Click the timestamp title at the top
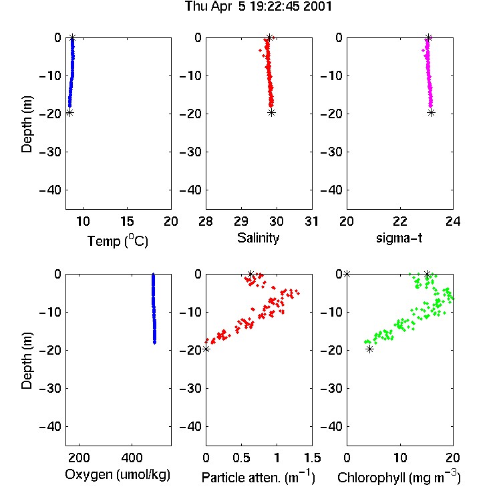click(259, 7)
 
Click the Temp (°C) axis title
click(118, 240)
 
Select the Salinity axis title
click(258, 238)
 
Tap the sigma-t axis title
click(399, 238)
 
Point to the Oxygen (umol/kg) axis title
click(118, 475)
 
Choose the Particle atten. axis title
click(259, 477)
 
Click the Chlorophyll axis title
click(399, 477)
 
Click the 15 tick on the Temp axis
click(127, 221)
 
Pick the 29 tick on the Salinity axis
click(241, 221)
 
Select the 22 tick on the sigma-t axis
click(400, 221)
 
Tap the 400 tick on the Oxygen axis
click(132, 458)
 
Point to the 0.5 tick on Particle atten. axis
click(241, 458)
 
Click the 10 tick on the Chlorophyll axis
click(400, 458)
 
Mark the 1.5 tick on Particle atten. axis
click(312, 458)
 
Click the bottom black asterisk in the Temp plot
click(69, 112)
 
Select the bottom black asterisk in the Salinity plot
click(271, 112)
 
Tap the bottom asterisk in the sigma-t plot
click(432, 112)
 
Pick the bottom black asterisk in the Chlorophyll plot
click(369, 349)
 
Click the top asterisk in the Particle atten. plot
click(251, 274)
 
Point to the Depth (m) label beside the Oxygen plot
click(27, 361)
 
